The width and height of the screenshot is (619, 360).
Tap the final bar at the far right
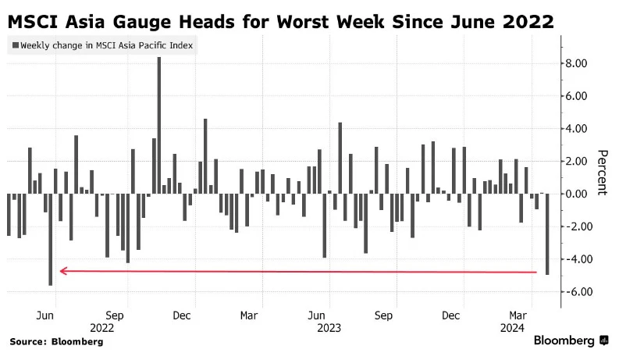547,233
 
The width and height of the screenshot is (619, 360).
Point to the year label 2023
329,328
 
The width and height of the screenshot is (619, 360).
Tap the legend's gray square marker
15,45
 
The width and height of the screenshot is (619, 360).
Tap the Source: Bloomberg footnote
56,341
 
